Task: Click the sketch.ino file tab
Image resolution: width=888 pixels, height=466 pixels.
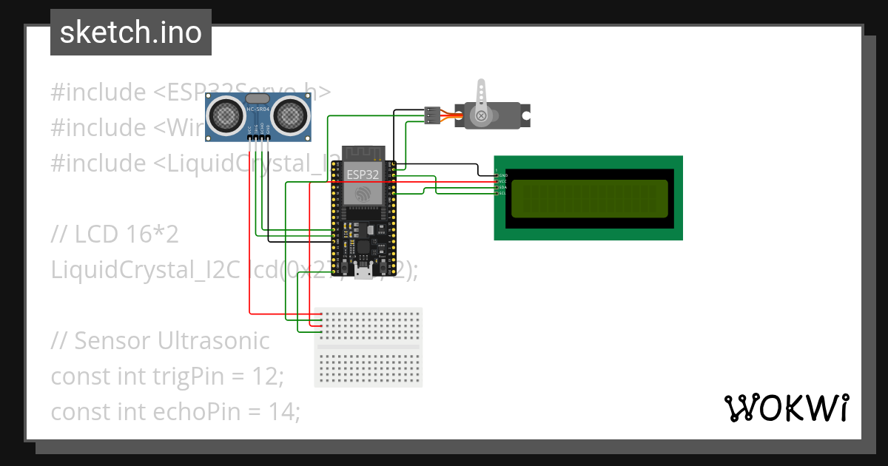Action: pyautogui.click(x=130, y=33)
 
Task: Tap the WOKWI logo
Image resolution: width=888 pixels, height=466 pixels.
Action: pyautogui.click(x=785, y=408)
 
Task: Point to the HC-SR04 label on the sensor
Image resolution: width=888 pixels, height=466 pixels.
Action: pyautogui.click(x=258, y=109)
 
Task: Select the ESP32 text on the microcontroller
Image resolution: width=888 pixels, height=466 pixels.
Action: pyautogui.click(x=363, y=175)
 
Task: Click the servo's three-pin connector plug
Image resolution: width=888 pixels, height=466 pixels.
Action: pyautogui.click(x=431, y=115)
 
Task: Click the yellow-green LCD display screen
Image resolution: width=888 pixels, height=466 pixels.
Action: pyautogui.click(x=588, y=197)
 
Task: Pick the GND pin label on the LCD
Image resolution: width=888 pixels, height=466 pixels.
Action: pyautogui.click(x=502, y=175)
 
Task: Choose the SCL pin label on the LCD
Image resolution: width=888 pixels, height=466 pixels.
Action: pyautogui.click(x=502, y=193)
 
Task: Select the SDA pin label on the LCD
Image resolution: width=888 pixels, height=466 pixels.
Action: pyautogui.click(x=502, y=187)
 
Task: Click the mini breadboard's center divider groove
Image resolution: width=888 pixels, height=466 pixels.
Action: pyautogui.click(x=369, y=347)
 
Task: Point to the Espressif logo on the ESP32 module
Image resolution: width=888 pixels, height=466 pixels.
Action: pyautogui.click(x=363, y=194)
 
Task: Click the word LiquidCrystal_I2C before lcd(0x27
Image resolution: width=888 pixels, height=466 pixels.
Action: pyautogui.click(x=145, y=271)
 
